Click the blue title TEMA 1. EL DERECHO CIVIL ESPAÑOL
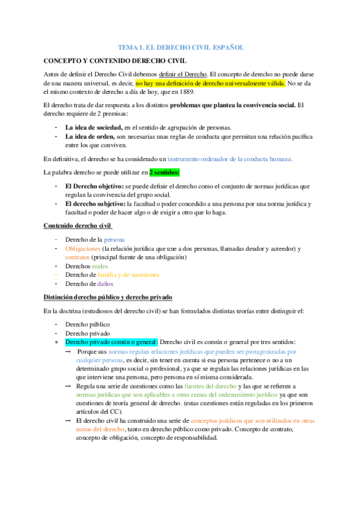pyautogui.click(x=180, y=47)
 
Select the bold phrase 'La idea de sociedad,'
pyautogui.click(x=94, y=127)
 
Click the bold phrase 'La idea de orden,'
pyautogui.click(x=90, y=137)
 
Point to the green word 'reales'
pyautogui.click(x=100, y=266)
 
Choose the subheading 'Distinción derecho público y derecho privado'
pyautogui.click(x=108, y=297)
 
